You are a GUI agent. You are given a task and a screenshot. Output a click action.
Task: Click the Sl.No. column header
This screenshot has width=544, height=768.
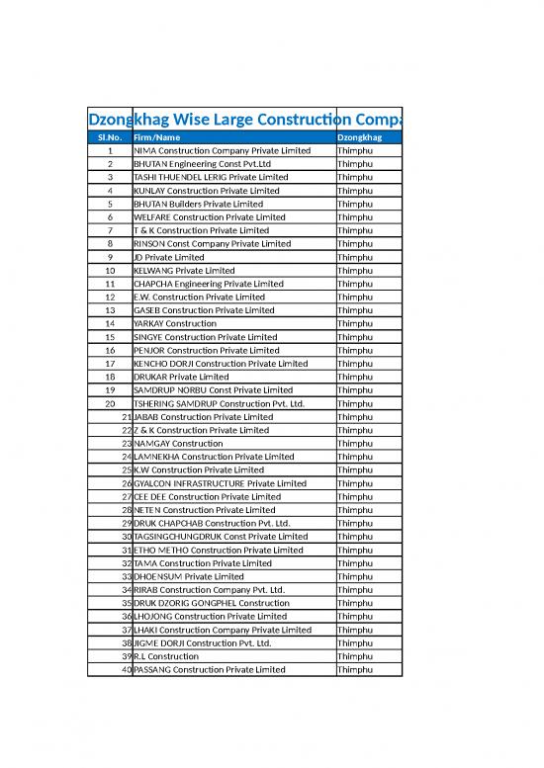pyautogui.click(x=109, y=137)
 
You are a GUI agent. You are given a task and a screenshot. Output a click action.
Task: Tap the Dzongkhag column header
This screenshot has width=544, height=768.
pyautogui.click(x=360, y=137)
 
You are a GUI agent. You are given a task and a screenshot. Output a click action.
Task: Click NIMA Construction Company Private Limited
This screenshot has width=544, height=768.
pyautogui.click(x=222, y=150)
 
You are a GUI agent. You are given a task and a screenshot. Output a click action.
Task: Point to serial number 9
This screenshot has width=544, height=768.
pyautogui.click(x=109, y=257)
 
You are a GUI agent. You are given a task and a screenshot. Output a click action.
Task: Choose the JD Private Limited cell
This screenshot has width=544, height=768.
pyautogui.click(x=168, y=257)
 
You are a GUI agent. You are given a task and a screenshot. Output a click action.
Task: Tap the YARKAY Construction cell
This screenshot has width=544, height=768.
pyautogui.click(x=175, y=323)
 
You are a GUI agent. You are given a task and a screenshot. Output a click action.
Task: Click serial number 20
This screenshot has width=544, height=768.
pyautogui.click(x=109, y=403)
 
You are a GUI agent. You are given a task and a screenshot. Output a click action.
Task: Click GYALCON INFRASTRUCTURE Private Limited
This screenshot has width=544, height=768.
pyautogui.click(x=220, y=483)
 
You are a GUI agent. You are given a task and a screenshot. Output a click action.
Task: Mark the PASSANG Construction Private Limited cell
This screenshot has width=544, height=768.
pyautogui.click(x=210, y=670)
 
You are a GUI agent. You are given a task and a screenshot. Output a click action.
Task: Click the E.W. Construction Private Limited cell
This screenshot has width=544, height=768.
pyautogui.click(x=199, y=297)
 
